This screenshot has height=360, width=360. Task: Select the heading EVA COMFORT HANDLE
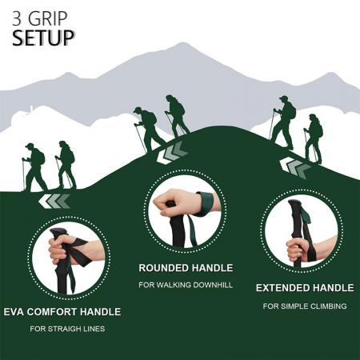tap(62, 311)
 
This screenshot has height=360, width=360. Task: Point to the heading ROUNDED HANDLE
tap(186, 267)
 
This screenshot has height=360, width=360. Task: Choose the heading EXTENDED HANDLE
tap(305, 287)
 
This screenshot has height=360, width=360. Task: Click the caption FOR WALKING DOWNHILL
tap(186, 284)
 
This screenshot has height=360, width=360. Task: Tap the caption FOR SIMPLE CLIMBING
tap(305, 306)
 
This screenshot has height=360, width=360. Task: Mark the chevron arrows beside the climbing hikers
tap(297, 168)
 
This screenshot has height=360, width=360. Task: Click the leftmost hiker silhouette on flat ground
tap(34, 167)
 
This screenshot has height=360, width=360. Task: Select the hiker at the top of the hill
tap(177, 115)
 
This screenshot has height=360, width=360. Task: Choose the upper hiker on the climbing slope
tap(283, 121)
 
